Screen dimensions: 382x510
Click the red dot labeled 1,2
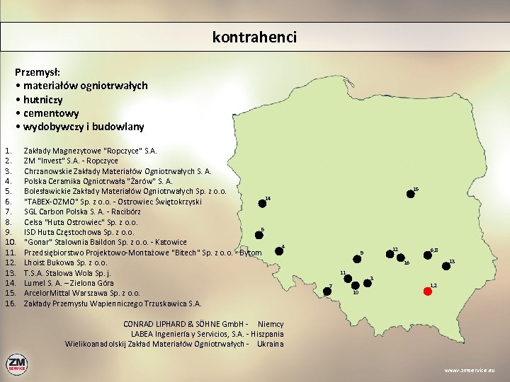tap(427, 291)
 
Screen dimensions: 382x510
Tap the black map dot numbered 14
tap(262, 203)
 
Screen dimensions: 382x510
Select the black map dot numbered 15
tap(411, 194)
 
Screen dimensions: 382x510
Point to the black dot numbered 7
tap(327, 291)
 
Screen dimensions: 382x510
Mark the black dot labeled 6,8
tap(429, 255)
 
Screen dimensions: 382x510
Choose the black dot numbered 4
tap(278, 251)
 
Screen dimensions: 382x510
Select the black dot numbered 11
tap(345, 279)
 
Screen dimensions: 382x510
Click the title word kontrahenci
tap(254, 37)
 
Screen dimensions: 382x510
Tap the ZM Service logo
tap(17, 365)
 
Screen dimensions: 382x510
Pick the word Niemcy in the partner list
tap(271, 324)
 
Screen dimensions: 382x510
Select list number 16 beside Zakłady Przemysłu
tap(9, 303)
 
